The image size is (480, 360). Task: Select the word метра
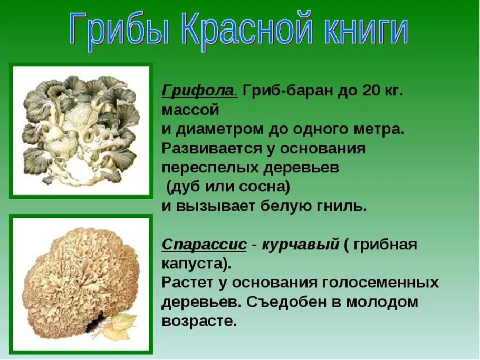point(377,129)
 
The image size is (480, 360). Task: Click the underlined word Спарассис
point(204,245)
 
